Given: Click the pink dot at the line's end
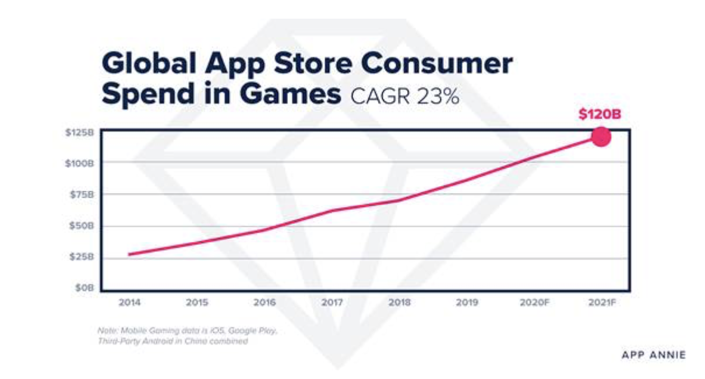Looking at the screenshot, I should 601,137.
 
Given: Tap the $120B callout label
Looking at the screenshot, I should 600,114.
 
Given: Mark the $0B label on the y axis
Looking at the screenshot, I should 85,288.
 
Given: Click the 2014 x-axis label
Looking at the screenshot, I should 129,303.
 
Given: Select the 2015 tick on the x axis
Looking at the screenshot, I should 197,303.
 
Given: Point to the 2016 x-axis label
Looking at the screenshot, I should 265,303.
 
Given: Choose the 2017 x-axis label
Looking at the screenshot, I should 332,303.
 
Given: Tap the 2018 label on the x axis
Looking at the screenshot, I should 399,303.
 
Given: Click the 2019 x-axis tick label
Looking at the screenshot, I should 467,303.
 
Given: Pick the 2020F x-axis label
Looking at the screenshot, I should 535,303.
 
